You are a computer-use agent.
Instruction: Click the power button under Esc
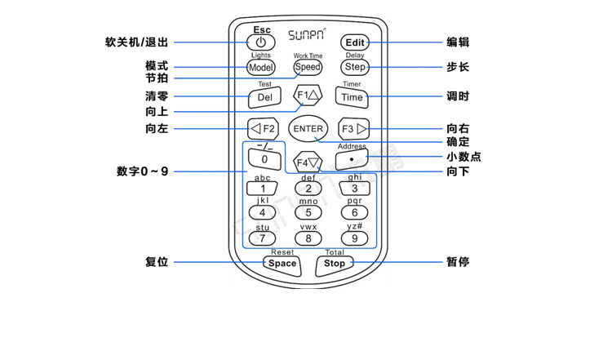tap(260, 42)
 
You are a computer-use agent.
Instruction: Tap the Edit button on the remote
tap(355, 42)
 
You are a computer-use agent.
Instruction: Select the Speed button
tap(308, 67)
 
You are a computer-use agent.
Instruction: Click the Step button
tap(355, 67)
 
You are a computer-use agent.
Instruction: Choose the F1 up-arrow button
tap(308, 96)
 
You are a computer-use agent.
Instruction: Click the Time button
tap(352, 97)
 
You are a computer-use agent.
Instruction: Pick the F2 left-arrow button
tap(264, 129)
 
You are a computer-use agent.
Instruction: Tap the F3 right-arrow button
tap(353, 129)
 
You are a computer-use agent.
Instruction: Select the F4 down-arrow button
tap(308, 162)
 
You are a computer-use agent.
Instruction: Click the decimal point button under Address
tap(352, 159)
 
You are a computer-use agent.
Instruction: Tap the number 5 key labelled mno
tap(308, 213)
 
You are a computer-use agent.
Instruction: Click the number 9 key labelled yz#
tap(354, 238)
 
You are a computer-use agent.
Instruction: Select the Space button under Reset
tap(282, 263)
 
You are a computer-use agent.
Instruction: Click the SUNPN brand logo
tap(307, 36)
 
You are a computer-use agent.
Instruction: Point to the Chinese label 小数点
tap(463, 157)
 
